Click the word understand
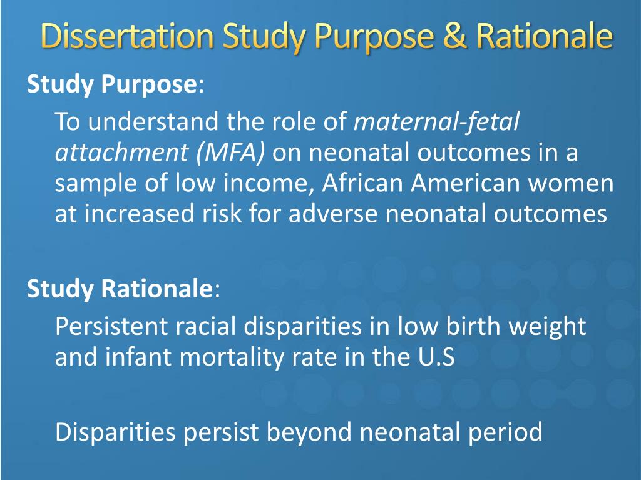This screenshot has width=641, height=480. (153, 121)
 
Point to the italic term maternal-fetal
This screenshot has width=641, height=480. (436, 121)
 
